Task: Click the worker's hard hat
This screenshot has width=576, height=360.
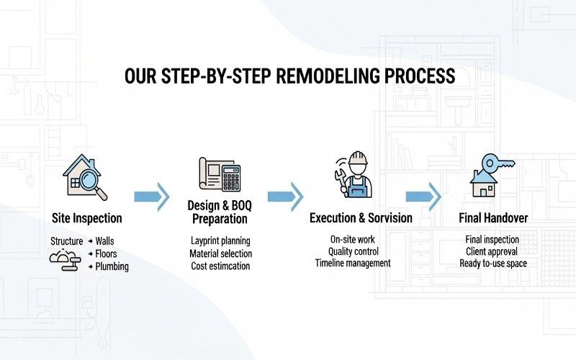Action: coord(357,159)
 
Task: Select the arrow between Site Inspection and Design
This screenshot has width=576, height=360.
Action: coord(152,196)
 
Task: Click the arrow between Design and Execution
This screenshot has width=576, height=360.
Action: coord(286,196)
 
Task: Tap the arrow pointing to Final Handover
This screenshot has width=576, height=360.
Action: coord(423,196)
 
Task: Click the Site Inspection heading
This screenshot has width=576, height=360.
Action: coord(87,217)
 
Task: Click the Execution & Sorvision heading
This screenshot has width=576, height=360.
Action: coord(361,217)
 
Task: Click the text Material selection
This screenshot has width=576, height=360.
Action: coord(220,253)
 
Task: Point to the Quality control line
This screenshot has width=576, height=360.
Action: coord(353,251)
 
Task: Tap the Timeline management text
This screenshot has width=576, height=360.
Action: coord(353,264)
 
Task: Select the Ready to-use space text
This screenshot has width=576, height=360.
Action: coord(493,264)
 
